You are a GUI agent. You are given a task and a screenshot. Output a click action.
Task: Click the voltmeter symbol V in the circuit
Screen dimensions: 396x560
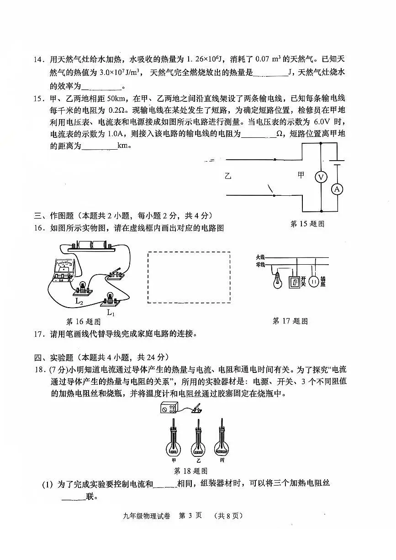click(x=321, y=177)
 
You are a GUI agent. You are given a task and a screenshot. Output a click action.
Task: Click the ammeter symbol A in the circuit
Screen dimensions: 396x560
click(x=337, y=189)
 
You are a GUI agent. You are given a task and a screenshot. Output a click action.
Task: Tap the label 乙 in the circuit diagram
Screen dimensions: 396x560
click(x=228, y=176)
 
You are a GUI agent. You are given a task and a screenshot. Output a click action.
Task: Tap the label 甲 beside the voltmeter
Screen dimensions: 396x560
click(x=301, y=175)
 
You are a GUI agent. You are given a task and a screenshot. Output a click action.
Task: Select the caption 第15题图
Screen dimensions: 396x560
click(x=307, y=224)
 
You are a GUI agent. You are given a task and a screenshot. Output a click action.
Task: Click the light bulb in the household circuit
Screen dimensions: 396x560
click(x=277, y=281)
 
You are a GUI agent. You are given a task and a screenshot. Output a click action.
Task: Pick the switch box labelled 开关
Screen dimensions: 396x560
click(x=295, y=282)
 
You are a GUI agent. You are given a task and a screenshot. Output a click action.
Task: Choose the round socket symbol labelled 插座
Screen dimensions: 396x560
click(x=314, y=282)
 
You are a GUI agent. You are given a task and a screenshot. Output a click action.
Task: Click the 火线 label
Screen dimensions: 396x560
click(x=260, y=257)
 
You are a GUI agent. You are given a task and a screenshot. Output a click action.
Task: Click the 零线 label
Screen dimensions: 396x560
click(x=260, y=265)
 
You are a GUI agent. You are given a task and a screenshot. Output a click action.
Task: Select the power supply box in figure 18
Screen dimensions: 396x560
click(x=169, y=408)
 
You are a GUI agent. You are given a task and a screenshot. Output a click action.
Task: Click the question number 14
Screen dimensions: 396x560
click(x=39, y=59)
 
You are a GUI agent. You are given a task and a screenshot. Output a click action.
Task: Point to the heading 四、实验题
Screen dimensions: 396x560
click(x=54, y=357)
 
